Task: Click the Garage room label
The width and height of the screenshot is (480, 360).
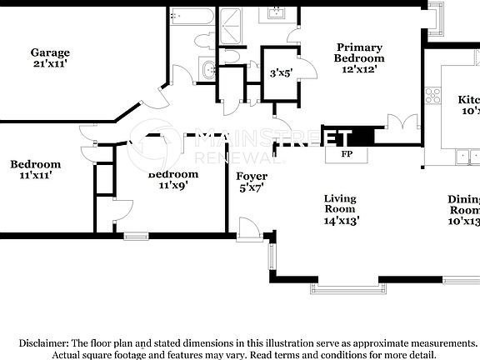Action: [51, 52]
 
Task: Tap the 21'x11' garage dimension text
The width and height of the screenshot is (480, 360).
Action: [51, 63]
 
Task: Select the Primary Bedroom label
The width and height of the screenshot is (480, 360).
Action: [359, 53]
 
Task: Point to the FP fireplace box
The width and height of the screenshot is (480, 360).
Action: [347, 154]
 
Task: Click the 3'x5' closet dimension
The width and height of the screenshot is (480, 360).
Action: [280, 73]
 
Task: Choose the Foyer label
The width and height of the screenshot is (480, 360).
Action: [251, 177]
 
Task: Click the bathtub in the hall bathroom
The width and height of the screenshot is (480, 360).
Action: [192, 19]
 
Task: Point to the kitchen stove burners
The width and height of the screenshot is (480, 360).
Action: [432, 94]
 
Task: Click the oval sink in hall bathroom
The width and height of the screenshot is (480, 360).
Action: [207, 71]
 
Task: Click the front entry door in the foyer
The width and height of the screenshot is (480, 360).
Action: [247, 226]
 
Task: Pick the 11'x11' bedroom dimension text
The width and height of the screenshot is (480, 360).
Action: [35, 176]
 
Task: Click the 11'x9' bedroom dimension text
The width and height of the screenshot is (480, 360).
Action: [173, 186]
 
